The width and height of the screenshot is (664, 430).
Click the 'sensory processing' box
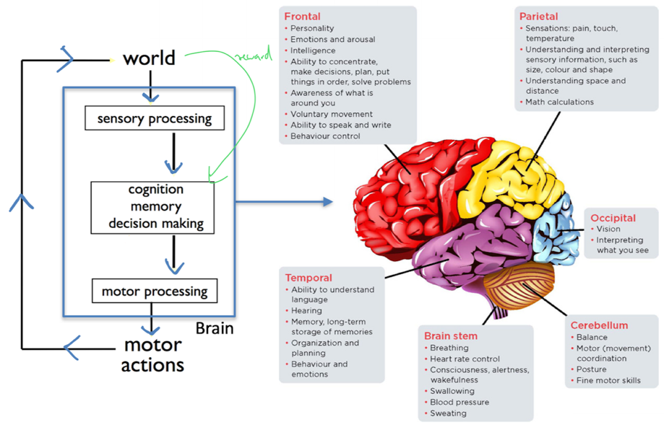click(x=155, y=118)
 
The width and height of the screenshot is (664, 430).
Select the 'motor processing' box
click(x=155, y=291)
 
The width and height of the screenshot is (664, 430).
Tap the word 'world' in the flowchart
click(x=149, y=58)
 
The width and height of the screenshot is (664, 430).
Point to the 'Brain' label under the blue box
click(x=215, y=328)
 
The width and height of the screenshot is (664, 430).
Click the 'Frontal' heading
click(x=302, y=17)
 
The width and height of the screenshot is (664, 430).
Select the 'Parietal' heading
click(x=538, y=17)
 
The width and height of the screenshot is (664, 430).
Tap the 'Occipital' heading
click(x=613, y=218)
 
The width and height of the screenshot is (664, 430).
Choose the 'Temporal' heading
click(x=309, y=278)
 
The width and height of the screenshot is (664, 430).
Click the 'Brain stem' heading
click(x=451, y=336)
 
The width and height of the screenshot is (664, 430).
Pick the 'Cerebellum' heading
click(x=599, y=325)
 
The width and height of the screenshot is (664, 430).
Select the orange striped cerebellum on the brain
click(x=519, y=286)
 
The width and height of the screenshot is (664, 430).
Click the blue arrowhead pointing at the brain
click(x=328, y=202)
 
